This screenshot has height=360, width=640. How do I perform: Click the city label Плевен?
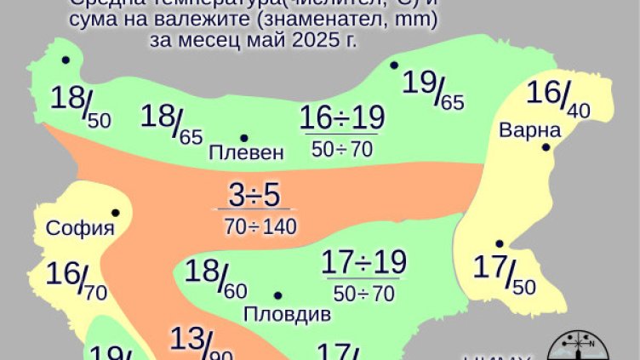(246, 154)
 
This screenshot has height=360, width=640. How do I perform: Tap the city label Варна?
(530, 131)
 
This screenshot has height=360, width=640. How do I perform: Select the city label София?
(80, 228)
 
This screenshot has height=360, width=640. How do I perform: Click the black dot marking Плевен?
(244, 138)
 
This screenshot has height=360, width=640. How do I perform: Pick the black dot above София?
(115, 213)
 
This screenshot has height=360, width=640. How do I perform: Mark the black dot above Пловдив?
(278, 295)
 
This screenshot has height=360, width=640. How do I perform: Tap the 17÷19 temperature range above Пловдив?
(364, 262)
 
